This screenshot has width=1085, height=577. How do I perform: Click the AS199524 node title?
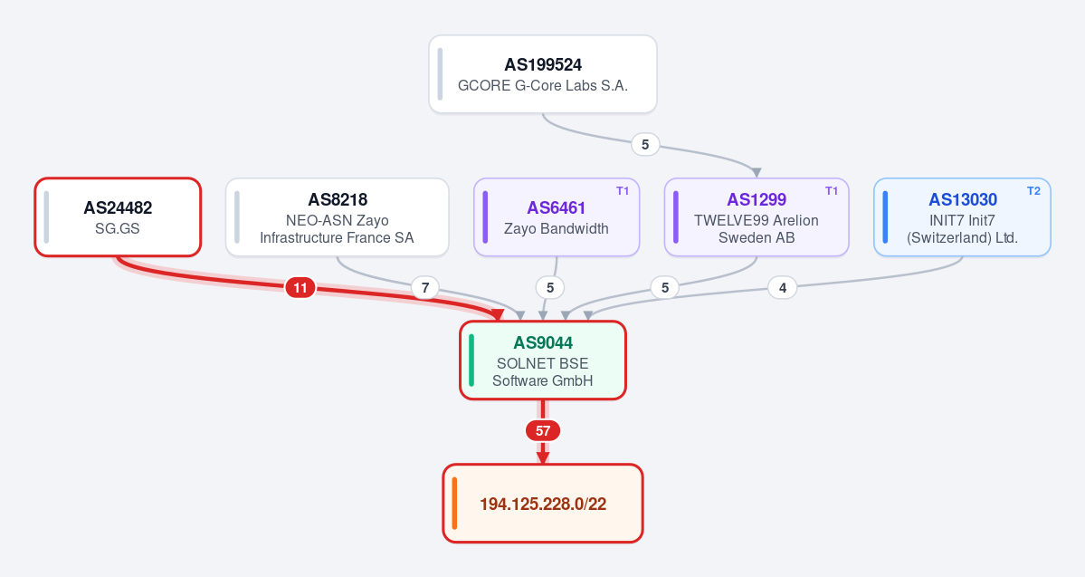click(543, 65)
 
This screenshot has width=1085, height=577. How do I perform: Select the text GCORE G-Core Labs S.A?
click(543, 86)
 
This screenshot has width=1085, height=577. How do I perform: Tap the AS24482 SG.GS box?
click(118, 217)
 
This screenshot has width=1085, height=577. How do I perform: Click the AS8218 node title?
click(337, 200)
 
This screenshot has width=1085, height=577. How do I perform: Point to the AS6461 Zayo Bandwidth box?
click(557, 217)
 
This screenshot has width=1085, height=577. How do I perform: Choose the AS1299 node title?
click(757, 200)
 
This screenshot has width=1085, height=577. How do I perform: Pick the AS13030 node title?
click(963, 200)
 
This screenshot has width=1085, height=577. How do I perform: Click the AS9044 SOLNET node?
click(543, 361)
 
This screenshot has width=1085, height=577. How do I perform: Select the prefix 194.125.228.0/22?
click(543, 504)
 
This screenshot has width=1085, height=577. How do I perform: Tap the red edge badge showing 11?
click(300, 288)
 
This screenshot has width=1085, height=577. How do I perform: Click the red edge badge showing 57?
click(543, 431)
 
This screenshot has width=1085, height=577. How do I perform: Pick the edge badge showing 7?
click(425, 288)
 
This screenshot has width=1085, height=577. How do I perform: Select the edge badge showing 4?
click(783, 288)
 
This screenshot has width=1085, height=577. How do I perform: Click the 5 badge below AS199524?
click(645, 145)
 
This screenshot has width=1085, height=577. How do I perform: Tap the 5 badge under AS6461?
click(550, 288)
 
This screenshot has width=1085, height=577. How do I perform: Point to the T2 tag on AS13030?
click(1033, 191)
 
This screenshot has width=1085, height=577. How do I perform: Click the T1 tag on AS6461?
click(623, 191)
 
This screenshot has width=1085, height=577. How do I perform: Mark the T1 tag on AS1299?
click(832, 191)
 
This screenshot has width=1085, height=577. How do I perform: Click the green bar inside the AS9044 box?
click(471, 361)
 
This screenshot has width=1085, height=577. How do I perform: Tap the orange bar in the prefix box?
click(454, 504)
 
